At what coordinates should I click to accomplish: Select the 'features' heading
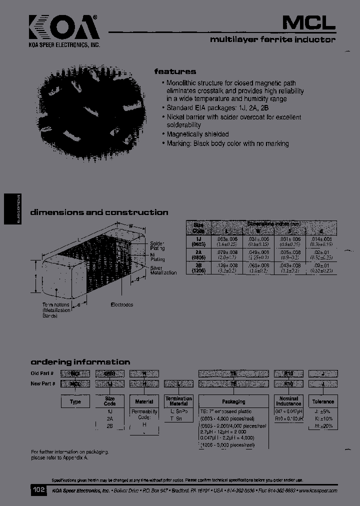174,71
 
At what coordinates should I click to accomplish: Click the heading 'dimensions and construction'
99,212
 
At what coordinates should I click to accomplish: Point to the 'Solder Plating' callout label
157,245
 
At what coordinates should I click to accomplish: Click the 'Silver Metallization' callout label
163,270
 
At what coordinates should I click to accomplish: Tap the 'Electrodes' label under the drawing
120,304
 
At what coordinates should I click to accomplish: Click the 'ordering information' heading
80,361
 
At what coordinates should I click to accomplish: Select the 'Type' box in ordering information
75,401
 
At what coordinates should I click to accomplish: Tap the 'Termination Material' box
179,401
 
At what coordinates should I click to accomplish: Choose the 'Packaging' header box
233,401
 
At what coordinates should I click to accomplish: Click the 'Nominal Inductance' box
288,401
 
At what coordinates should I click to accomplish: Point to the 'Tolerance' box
322,401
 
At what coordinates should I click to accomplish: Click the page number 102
39,490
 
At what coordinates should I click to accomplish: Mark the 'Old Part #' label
42,373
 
